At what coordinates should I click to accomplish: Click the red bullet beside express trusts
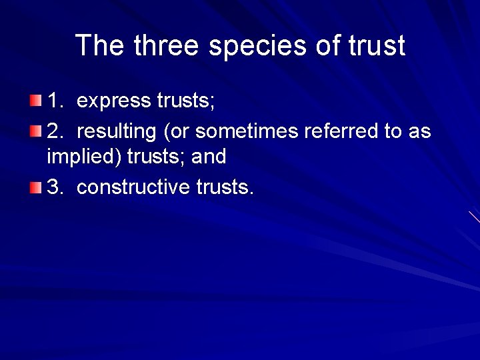coord(35,101)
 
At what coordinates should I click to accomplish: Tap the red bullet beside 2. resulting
coord(35,131)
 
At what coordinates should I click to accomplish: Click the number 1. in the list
coord(55,101)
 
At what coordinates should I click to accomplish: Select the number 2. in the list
coord(55,131)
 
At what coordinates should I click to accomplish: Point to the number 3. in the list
coord(55,187)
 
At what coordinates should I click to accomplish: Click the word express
coord(114,101)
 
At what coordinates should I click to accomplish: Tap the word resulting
coord(117,132)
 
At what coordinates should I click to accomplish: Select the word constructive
coord(133,187)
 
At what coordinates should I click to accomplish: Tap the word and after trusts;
coord(208,157)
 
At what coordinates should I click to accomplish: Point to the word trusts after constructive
coord(225,187)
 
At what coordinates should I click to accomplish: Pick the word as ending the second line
coord(419,132)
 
